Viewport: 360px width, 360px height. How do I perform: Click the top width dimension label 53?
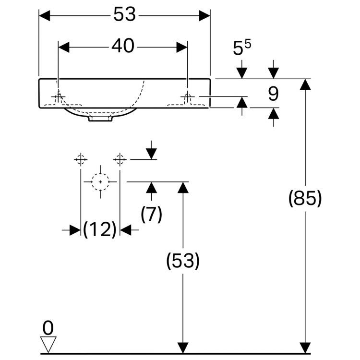coord(125,15)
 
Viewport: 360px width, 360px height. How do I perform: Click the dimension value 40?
coord(123,47)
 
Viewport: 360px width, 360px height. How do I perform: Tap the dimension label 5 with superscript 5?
coord(241,48)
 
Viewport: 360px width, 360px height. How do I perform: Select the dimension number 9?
coord(273,94)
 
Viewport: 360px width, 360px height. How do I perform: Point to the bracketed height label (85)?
coord(305,198)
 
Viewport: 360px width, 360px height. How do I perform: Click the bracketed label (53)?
coord(182,261)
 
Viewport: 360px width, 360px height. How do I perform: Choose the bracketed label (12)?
coord(100,230)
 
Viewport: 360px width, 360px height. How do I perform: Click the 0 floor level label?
coord(48,328)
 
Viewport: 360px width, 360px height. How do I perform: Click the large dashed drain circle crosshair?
coord(100,182)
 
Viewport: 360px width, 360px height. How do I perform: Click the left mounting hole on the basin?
coord(59,97)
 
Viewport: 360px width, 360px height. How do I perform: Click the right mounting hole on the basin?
coord(188,97)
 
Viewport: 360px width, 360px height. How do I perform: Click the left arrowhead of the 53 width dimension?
coord(45,15)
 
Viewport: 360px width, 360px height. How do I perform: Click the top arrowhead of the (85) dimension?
coord(305,84)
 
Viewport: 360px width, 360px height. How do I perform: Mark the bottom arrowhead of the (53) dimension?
coord(182,348)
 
